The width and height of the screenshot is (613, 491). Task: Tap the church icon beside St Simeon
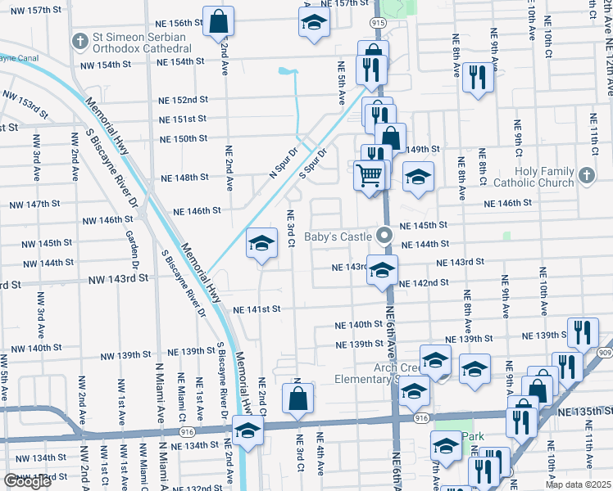pos(79,39)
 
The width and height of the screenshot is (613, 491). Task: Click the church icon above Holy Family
pos(585,175)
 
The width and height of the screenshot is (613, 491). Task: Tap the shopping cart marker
pos(370,174)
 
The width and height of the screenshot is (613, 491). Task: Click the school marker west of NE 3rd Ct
pos(262,243)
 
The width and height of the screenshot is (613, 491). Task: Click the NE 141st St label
pos(257,309)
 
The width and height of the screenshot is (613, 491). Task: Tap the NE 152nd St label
pos(184,100)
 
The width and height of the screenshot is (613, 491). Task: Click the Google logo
pos(27,481)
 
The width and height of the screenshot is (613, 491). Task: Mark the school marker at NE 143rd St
pos(382,271)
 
